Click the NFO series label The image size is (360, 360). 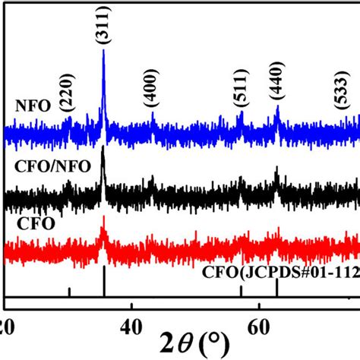pyautogui.click(x=28, y=107)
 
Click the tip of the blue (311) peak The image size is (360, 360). pyautogui.click(x=103, y=52)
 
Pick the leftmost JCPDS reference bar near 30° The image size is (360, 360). pyautogui.click(x=69, y=292)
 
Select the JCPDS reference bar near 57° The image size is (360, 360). pyautogui.click(x=241, y=290)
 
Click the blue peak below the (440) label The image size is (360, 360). pyautogui.click(x=277, y=108)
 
